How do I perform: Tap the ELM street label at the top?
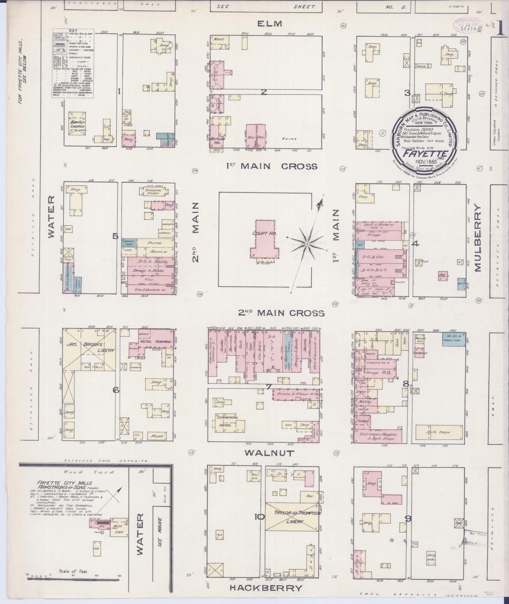269,24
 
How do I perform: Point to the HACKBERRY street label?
266,588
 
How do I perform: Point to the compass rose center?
307,244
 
